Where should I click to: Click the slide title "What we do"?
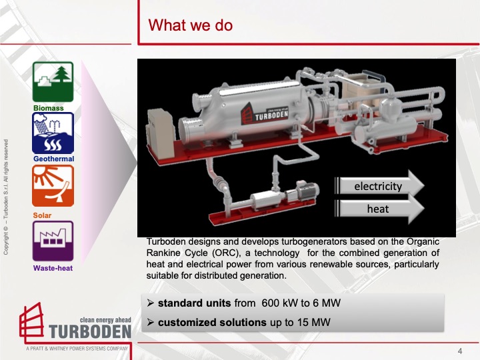click(190, 25)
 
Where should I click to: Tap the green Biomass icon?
click(53, 82)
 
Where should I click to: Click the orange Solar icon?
click(53, 186)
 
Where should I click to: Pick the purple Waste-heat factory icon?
click(53, 241)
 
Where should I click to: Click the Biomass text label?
click(48, 107)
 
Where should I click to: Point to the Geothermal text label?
click(53, 159)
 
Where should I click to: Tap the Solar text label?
click(42, 215)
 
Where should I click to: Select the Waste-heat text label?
click(53, 268)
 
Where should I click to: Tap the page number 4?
click(460, 351)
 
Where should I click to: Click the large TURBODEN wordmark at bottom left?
click(91, 331)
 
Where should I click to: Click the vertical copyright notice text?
click(7, 197)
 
